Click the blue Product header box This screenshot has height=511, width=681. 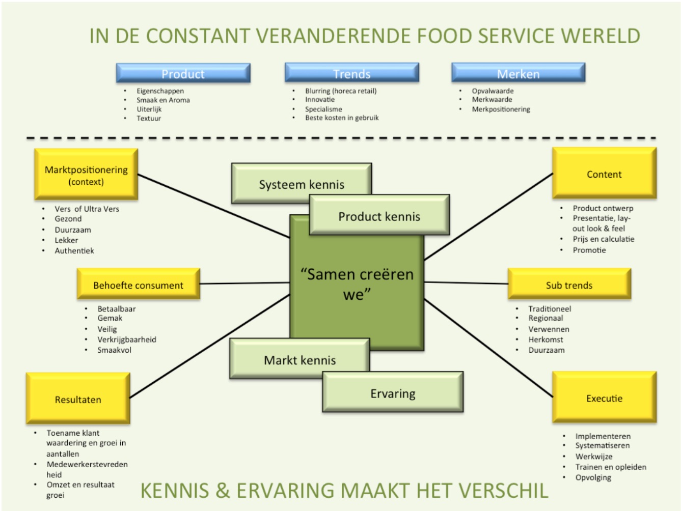pos(183,73)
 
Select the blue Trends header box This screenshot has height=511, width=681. pos(352,72)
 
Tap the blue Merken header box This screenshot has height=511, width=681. pos(519,72)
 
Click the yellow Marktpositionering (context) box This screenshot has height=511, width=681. pos(86,174)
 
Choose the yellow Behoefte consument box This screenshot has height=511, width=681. pos(139,284)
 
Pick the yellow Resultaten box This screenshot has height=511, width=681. pos(78,398)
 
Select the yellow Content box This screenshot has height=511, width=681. pos(605,173)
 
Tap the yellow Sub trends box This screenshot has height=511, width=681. pos(569,284)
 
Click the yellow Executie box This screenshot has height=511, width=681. pos(605,397)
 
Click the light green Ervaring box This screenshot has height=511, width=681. pos(393,392)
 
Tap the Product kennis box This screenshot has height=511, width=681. pos(379,215)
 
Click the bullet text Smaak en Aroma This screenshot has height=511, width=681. pos(163,100)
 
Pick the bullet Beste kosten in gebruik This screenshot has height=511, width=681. pos(342,118)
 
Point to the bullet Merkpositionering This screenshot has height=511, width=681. pos(501,109)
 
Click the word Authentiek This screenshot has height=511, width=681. pos(74,251)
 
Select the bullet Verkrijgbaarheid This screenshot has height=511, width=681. pos(127,339)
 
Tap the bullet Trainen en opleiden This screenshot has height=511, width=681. pos(611,467)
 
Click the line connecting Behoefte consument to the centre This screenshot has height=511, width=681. pos(245,283)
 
